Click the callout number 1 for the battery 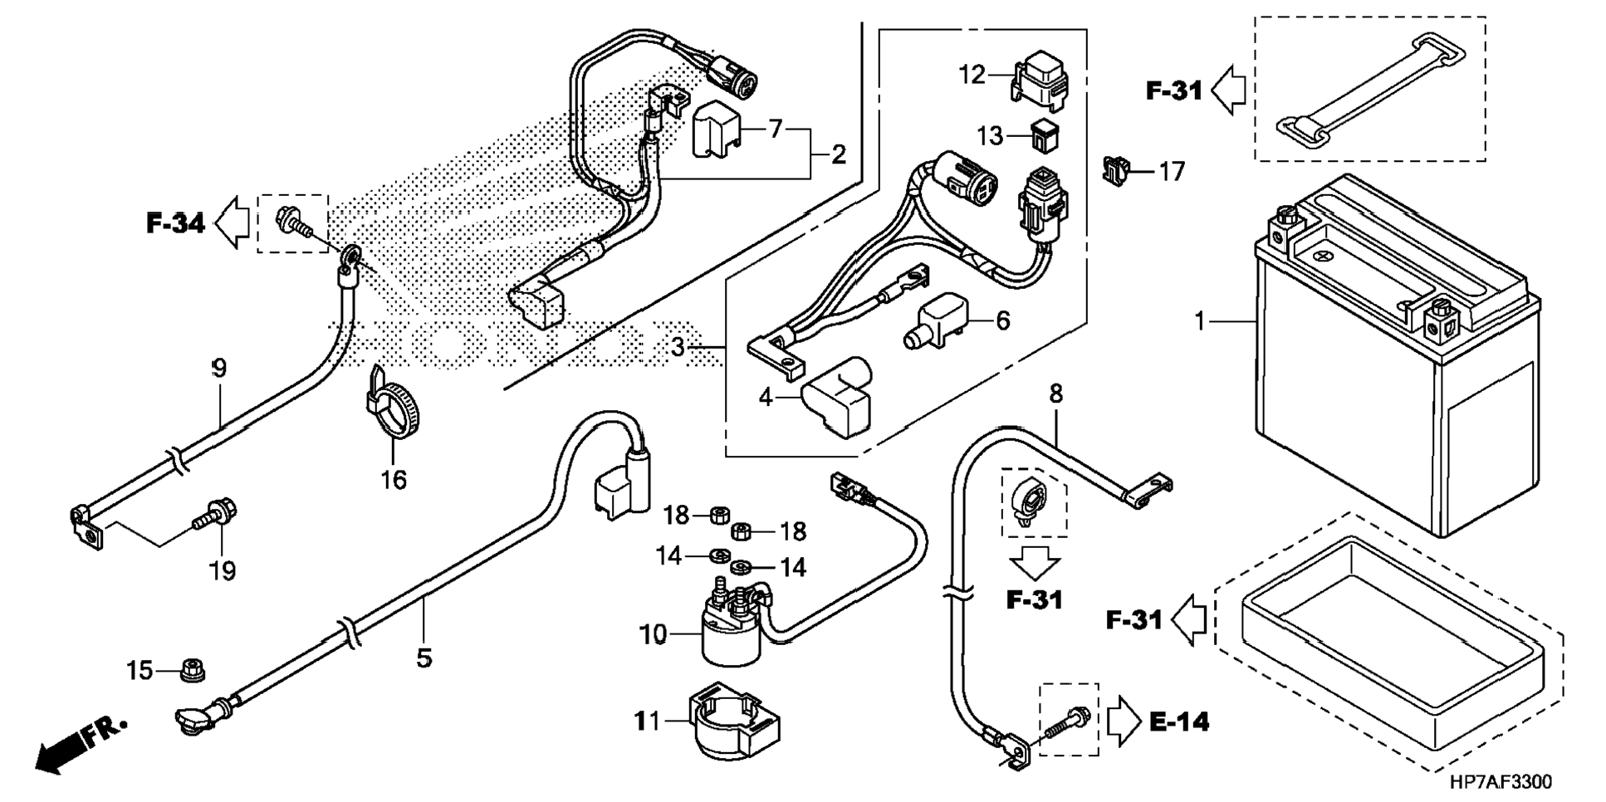point(1199,320)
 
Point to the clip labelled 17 point(1117,170)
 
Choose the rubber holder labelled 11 point(734,721)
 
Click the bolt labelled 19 point(215,514)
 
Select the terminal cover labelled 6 point(939,320)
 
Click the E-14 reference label point(1179,722)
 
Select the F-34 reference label point(175,223)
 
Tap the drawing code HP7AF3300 point(1501,783)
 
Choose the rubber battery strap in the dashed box point(1370,90)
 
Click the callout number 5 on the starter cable point(424,659)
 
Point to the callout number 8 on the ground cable point(1055,394)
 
